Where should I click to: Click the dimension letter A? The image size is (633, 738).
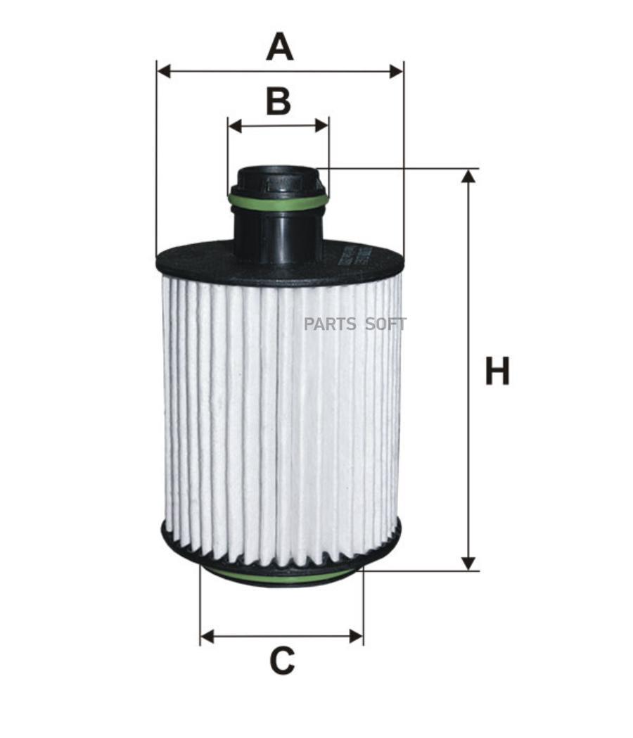(x=279, y=46)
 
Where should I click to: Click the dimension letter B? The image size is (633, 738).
(x=278, y=101)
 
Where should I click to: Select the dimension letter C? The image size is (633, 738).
(x=282, y=661)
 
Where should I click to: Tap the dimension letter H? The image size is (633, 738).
(x=497, y=371)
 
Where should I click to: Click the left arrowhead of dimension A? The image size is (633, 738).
(x=163, y=72)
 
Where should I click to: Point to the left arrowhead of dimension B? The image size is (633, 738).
(x=234, y=126)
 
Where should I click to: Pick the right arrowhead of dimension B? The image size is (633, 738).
(x=322, y=126)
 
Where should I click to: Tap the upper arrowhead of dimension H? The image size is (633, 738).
(x=468, y=176)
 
